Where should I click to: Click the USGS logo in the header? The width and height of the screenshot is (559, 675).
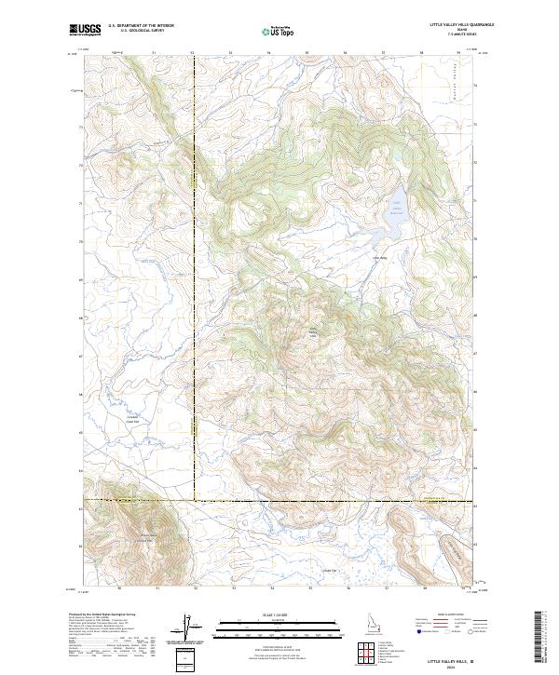(x=86, y=29)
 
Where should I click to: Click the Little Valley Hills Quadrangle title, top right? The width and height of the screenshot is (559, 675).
(x=462, y=25)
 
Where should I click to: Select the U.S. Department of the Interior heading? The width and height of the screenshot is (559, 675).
(x=141, y=26)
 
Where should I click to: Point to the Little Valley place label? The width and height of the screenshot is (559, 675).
(x=378, y=257)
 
